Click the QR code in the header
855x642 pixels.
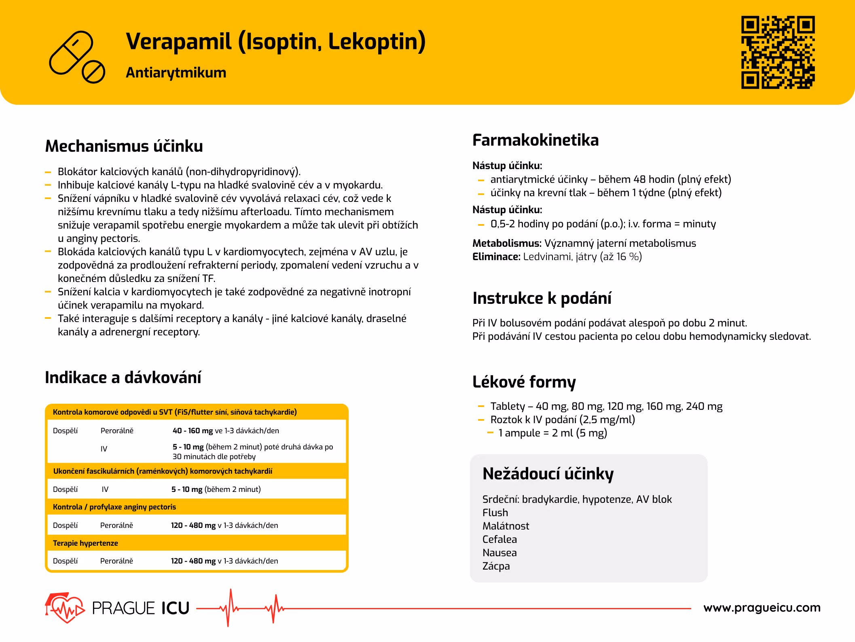coord(777,52)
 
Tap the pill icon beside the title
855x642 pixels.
coord(76,57)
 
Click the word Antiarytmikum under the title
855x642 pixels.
coord(176,73)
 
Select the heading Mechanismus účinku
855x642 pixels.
coord(124,146)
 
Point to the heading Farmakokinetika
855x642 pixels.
coord(535,140)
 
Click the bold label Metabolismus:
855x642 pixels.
coord(506,243)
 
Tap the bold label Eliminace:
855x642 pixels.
coord(496,256)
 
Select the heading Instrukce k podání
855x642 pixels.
coord(542,298)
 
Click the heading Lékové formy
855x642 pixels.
coord(524,382)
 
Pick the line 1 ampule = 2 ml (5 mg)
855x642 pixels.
coord(552,433)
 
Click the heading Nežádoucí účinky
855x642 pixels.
coord(548,474)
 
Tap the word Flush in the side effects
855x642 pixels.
coord(495,513)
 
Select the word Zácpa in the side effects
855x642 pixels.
coord(496,566)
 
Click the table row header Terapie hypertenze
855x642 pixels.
coord(85,543)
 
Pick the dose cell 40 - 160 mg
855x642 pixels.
coord(193,430)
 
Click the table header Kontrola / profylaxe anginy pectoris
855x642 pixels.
coord(114,507)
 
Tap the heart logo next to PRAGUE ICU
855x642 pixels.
coord(65,608)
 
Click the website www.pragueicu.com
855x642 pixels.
coord(762,608)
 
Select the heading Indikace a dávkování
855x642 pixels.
coord(123,377)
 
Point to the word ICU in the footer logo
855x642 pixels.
coord(175,608)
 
